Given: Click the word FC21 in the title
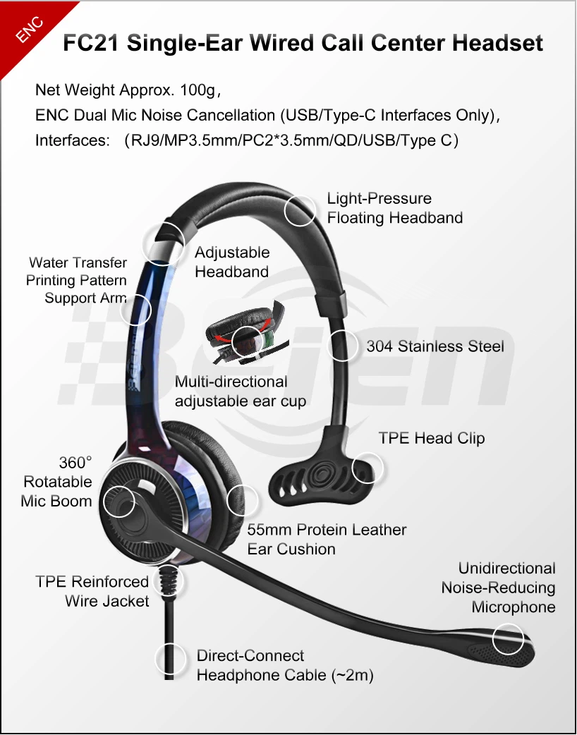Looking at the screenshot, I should tap(91, 44).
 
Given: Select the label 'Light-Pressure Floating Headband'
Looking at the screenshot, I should tap(394, 208).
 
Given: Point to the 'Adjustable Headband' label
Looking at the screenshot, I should tap(232, 262).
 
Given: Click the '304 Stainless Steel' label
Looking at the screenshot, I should tap(435, 346).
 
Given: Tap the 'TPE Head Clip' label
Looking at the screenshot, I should tap(431, 438).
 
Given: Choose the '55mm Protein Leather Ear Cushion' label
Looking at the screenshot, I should tap(327, 539).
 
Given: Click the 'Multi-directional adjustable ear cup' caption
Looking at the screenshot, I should tap(240, 391).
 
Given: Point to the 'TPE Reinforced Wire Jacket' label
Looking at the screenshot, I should tap(92, 591).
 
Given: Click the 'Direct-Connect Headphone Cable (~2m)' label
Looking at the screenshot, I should tap(285, 665).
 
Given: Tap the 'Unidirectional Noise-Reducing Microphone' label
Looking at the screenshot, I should tap(499, 588).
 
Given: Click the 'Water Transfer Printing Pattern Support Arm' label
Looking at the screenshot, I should tap(77, 280).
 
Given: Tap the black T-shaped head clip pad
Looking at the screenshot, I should tap(321, 473).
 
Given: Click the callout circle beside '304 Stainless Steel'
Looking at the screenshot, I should tap(344, 346).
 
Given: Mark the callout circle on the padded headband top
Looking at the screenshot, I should tap(300, 210).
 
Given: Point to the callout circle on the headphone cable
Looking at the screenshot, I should tap(170, 660).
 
